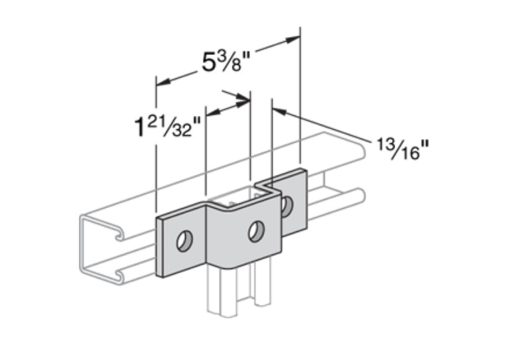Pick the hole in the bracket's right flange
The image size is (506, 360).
[x=286, y=206]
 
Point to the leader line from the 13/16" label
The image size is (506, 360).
[x=325, y=126]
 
